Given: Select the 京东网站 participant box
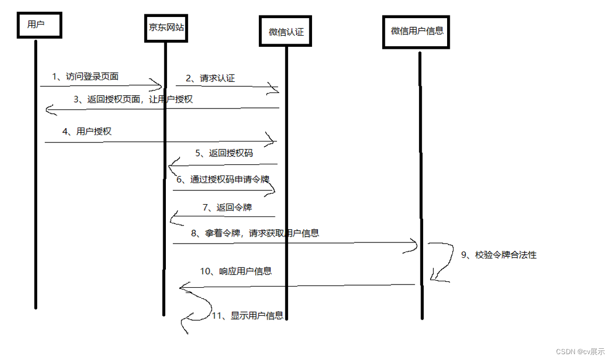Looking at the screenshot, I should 165,27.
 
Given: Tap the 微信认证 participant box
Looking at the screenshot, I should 285,31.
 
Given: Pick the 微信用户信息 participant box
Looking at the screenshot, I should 417,31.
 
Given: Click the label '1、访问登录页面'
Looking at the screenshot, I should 85,77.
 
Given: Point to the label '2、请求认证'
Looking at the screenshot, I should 210,78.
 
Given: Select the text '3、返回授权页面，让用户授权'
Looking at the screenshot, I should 133,99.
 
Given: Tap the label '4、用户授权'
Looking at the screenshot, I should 87,132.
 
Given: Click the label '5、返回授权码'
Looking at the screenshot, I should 223,153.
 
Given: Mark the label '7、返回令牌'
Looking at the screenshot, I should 227,207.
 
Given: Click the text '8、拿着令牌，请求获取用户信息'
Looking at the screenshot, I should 255,233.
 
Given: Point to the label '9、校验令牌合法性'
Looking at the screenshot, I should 498,255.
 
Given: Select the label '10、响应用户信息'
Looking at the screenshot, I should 236,271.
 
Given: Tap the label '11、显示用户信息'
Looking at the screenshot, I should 247,316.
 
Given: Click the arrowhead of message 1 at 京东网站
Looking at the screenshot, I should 157,85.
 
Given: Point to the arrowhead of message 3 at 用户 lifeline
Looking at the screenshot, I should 49,110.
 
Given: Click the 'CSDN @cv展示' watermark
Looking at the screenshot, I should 580,351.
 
